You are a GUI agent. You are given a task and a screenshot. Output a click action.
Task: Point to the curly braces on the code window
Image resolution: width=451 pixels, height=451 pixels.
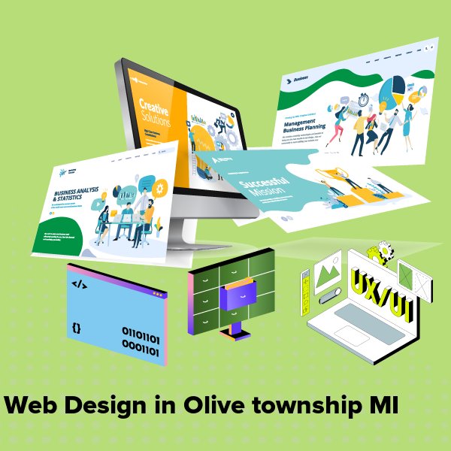point(76,328)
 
